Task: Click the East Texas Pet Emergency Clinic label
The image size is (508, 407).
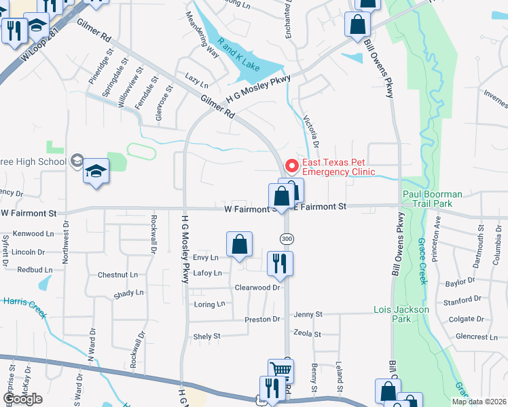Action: (x=338, y=167)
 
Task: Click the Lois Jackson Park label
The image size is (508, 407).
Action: (x=401, y=315)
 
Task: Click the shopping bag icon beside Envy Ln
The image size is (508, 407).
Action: (x=239, y=245)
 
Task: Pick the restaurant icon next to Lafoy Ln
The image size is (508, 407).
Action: (x=280, y=263)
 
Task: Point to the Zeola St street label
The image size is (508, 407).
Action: (x=307, y=334)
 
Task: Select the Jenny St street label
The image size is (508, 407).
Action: (x=308, y=315)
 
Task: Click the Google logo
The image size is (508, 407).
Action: (x=22, y=399)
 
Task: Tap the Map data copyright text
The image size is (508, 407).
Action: (x=479, y=402)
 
